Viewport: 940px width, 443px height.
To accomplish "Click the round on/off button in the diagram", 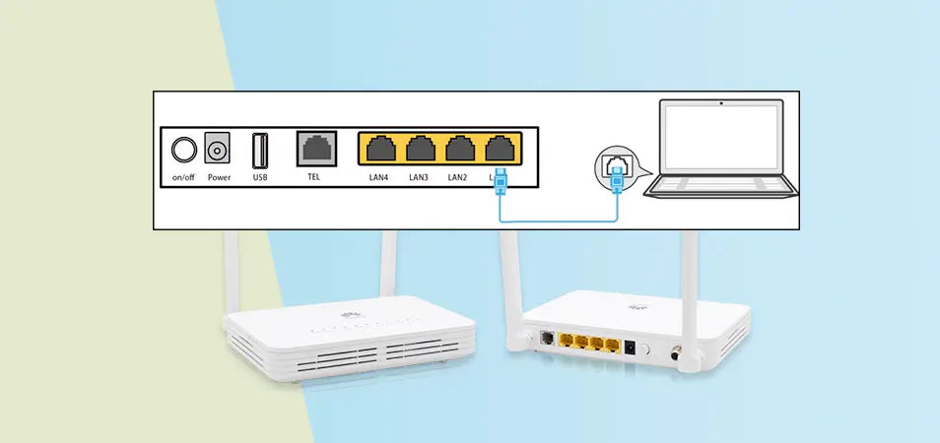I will (x=183, y=151).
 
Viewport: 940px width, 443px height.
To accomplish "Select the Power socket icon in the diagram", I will (x=218, y=151).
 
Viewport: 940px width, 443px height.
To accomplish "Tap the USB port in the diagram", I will (x=260, y=151).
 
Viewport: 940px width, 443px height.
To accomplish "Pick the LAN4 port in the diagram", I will (x=377, y=150).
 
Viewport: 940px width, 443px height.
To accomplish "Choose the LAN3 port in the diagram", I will (x=420, y=150).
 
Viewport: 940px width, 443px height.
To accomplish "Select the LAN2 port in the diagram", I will (x=458, y=150).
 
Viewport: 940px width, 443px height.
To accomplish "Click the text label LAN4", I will (x=377, y=177).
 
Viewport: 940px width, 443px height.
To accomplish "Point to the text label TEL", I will (x=314, y=177).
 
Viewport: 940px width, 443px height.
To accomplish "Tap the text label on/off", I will (x=183, y=178).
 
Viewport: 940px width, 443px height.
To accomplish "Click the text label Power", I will (x=219, y=178).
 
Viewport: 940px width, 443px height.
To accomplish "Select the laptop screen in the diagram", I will (x=722, y=140).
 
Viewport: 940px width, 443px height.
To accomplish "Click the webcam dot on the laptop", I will (x=722, y=101).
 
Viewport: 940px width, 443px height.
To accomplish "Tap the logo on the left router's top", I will (x=347, y=317).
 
